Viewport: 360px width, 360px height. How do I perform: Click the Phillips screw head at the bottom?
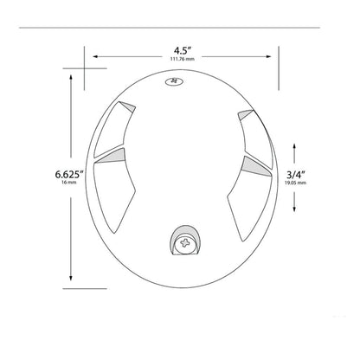click(184, 244)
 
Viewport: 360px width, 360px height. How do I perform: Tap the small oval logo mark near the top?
click(174, 84)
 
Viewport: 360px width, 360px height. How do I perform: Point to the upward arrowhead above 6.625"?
click(69, 76)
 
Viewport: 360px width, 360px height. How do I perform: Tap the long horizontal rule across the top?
click(179, 29)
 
